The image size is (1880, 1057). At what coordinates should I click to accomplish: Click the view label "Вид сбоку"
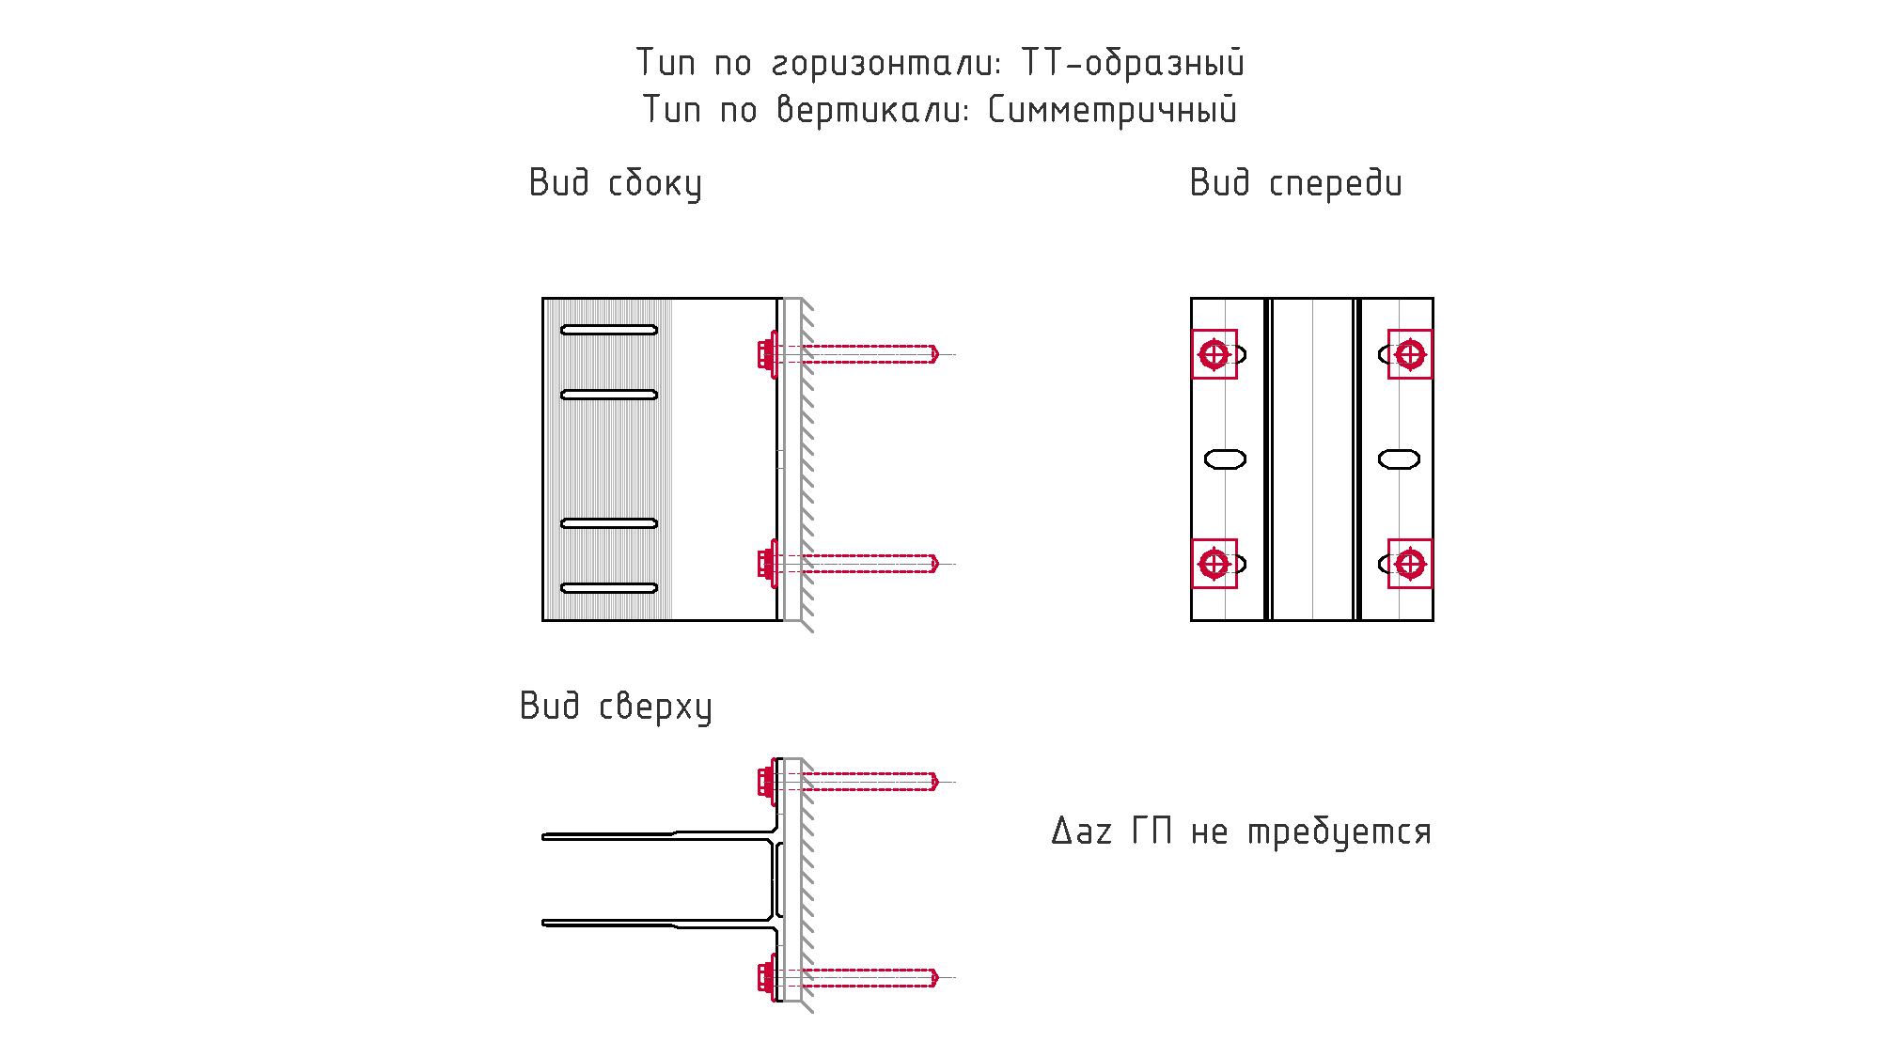615,183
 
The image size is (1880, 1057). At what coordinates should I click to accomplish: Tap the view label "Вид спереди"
1295,183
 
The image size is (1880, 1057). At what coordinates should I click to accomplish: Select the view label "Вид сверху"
616,707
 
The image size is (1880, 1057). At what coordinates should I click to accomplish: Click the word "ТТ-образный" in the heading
1133,63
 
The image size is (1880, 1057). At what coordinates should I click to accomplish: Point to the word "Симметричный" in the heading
1112,110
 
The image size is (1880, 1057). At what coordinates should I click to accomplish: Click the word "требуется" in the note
1339,832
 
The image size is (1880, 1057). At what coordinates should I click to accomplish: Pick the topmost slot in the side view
609,330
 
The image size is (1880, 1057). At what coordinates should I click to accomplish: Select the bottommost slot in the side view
609,588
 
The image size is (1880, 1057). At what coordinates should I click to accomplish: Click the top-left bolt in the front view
1214,354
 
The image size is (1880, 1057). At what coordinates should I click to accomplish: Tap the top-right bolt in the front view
1410,354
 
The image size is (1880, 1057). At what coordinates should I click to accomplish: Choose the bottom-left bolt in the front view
1214,564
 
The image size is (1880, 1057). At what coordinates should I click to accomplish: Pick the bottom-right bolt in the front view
1410,564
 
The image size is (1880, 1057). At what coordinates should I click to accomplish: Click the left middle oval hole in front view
1225,459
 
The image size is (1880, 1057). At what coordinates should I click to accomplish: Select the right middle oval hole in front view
1399,459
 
